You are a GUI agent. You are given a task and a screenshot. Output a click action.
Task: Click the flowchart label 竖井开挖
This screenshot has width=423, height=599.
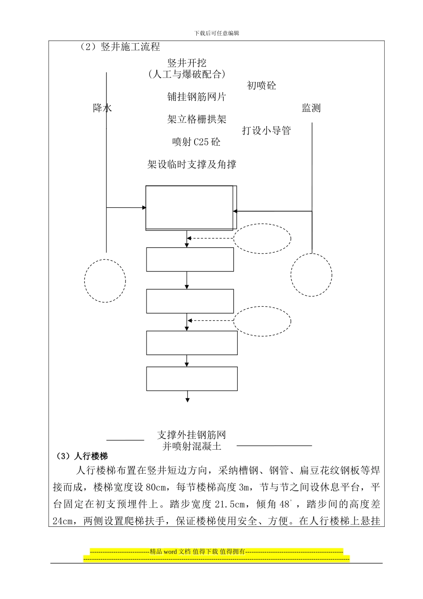coord(187,63)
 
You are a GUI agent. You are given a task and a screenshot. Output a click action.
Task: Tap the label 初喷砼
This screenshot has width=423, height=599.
coord(261,85)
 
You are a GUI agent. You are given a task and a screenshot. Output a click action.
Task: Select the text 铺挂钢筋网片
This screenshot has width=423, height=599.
coord(197,97)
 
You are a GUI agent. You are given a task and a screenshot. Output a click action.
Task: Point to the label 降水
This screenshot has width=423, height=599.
coord(102,108)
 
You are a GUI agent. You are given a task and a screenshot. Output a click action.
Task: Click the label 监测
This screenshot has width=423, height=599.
coord(311,108)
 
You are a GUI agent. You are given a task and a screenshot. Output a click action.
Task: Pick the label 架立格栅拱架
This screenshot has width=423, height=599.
coord(197,119)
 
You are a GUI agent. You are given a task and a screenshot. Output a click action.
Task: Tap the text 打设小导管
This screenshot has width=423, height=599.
coord(266,131)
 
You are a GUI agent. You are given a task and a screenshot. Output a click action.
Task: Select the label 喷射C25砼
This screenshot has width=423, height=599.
coord(196,142)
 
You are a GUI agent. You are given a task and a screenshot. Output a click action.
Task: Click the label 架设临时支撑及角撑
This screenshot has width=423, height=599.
coord(191,164)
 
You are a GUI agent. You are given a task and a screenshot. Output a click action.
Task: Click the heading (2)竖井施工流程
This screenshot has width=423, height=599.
coord(119,47)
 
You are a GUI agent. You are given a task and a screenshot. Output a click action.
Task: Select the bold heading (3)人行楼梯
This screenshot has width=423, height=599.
coord(82,456)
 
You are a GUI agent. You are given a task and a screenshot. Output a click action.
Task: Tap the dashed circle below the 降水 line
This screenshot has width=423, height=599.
coord(105,281)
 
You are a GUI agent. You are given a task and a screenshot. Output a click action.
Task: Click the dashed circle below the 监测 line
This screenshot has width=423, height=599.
coord(311,275)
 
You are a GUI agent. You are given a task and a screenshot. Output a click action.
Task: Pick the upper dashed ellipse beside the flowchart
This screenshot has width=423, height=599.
coord(262,239)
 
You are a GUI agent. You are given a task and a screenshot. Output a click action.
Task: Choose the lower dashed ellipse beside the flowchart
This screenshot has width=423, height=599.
coord(262,321)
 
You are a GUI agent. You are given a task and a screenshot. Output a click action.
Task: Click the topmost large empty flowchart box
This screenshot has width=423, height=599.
coord(190,208)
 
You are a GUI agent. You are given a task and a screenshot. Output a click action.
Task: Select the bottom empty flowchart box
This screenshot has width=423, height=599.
coord(192,379)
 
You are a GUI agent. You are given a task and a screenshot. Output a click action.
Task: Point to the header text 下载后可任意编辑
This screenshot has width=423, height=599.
coord(217,33)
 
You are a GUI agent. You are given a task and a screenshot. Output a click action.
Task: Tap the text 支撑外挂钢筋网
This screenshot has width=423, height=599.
coord(191,435)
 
